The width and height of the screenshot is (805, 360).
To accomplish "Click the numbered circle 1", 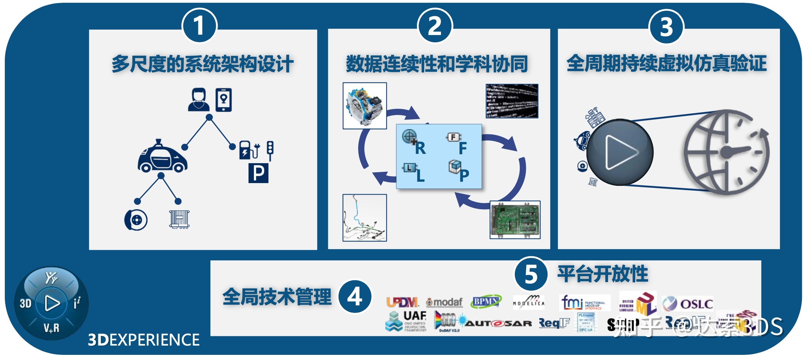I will pos(199,26).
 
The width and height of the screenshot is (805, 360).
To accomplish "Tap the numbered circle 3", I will pos(666,27).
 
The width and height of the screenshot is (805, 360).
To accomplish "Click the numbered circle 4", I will pos(355,296).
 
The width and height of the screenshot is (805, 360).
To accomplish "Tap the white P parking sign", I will pos(258,173).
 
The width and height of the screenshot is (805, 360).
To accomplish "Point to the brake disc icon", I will pos(136,220).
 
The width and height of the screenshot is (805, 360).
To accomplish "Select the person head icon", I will pos(199,100).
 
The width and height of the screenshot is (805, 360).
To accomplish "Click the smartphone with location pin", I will pos(224,100).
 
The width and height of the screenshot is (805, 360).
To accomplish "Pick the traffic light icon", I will pos(270,150).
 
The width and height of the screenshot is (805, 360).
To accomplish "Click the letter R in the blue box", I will pos(420,148).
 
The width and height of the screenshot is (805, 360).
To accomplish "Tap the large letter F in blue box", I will pos(463,148).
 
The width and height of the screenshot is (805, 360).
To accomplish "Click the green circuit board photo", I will pos(515,220).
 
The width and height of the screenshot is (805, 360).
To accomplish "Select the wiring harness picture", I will pos(365,218).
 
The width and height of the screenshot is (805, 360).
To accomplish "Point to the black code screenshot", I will pos(512,101).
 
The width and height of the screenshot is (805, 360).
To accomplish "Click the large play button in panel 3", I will pos(619,152).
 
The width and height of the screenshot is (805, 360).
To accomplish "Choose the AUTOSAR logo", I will pos(498,323).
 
